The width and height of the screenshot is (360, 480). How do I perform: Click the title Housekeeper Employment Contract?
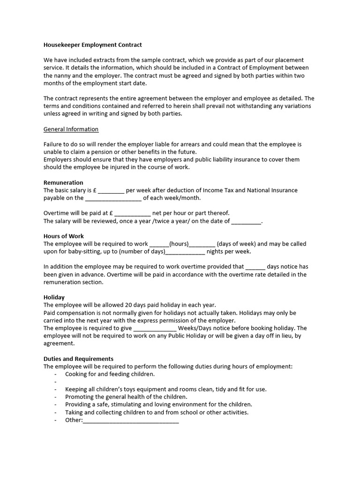[92, 45]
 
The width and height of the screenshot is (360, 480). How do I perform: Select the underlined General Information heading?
[71, 129]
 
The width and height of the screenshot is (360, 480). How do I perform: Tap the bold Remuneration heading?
[63, 182]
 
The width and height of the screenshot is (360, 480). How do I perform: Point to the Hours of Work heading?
[64, 236]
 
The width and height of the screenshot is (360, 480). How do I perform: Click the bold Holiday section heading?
[54, 297]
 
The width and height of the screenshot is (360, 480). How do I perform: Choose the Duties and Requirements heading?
[78, 359]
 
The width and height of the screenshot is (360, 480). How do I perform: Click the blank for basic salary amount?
[111, 191]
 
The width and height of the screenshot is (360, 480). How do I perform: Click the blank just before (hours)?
[159, 244]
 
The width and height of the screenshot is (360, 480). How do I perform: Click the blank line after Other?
[131, 420]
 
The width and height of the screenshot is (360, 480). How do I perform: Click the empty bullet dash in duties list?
[56, 382]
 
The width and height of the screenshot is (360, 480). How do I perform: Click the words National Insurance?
[272, 190]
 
